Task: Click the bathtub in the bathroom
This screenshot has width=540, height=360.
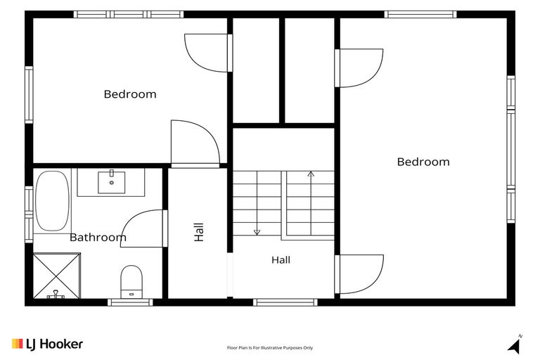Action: [x=52, y=201]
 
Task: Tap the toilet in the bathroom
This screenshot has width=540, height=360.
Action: [x=131, y=281]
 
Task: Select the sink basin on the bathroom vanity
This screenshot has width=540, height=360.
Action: [x=112, y=182]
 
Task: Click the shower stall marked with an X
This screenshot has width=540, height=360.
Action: [x=57, y=276]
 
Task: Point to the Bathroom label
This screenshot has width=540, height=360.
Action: [x=98, y=238]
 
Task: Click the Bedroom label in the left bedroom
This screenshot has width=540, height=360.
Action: [x=130, y=94]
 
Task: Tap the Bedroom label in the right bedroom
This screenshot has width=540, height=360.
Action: [x=423, y=162]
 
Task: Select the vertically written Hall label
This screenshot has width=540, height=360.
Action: [x=199, y=232]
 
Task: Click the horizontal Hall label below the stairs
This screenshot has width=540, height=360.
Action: [x=281, y=259]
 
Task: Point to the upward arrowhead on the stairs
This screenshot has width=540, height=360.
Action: [x=311, y=174]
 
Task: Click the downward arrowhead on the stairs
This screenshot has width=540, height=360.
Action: [x=257, y=233]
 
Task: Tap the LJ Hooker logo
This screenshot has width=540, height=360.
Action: [x=48, y=344]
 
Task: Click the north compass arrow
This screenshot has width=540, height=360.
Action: [x=515, y=345]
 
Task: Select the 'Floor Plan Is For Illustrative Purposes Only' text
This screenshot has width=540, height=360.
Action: [x=270, y=348]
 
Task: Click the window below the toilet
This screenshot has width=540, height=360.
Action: [x=130, y=302]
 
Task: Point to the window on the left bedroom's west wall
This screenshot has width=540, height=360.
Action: [x=29, y=95]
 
